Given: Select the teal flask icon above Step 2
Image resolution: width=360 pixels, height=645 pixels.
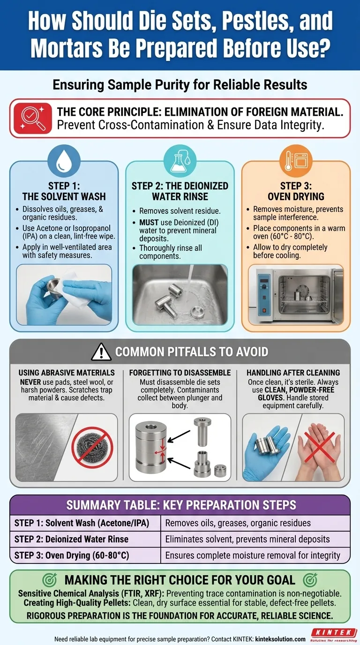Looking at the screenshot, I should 180,162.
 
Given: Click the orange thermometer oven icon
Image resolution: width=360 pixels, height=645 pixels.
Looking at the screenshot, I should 295,162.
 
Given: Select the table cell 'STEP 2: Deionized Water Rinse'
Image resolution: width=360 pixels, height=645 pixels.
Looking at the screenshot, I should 85,539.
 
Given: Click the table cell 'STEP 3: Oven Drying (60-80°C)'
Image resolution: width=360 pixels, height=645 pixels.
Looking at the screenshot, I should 85,555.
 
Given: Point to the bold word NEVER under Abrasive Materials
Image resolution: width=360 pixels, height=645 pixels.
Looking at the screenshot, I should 31,382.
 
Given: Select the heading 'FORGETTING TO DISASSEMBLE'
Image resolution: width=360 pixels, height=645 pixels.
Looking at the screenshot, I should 180,373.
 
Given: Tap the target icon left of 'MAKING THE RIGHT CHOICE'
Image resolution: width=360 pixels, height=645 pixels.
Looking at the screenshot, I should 51,579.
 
